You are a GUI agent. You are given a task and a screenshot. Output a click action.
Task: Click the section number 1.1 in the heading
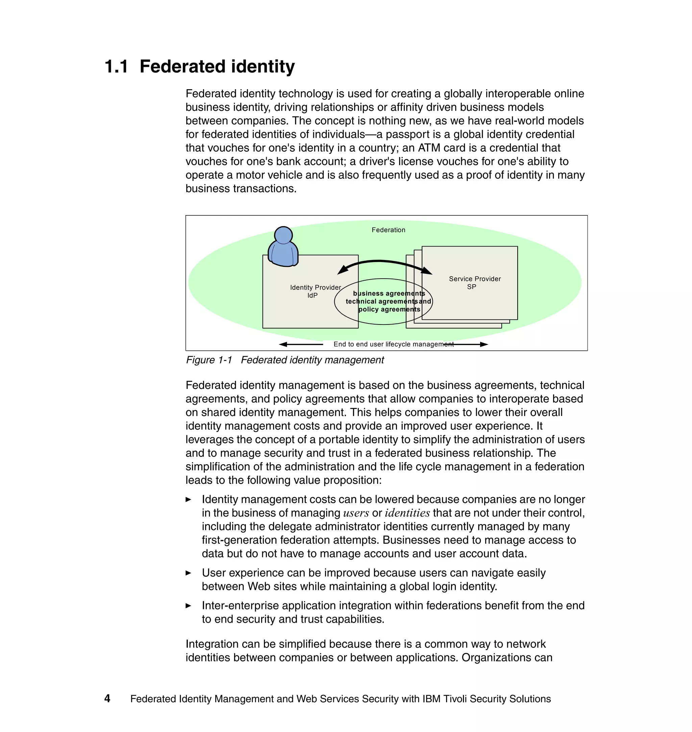pos(116,67)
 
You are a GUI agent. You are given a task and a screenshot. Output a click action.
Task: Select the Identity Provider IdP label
pos(315,291)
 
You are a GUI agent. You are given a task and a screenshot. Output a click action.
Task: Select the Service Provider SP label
pos(474,283)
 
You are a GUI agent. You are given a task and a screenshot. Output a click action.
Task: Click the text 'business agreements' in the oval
pos(389,293)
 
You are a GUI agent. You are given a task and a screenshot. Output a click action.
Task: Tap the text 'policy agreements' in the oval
pos(389,309)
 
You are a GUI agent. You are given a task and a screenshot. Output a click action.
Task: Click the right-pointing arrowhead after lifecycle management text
pos(484,344)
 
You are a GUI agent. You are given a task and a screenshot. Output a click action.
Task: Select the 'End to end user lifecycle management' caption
pos(393,344)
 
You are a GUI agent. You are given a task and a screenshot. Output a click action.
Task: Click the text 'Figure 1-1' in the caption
pos(209,360)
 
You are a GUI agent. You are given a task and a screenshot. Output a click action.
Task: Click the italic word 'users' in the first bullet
pos(355,513)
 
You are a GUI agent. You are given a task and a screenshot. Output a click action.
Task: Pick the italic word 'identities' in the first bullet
pos(407,513)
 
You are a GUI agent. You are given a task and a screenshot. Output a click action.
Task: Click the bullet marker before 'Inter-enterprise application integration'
pos(188,606)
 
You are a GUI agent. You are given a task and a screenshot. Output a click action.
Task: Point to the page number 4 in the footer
pos(107,699)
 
